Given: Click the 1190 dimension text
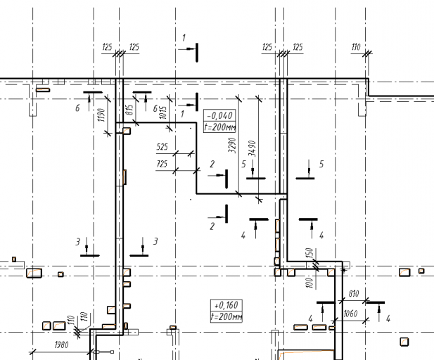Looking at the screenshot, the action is pyautogui.click(x=102, y=115).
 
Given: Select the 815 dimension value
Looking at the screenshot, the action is pyautogui.click(x=129, y=110).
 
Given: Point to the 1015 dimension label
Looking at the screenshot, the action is pyautogui.click(x=163, y=112).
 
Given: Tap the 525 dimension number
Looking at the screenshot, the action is pyautogui.click(x=162, y=147).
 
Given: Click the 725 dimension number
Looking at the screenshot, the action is pyautogui.click(x=162, y=164).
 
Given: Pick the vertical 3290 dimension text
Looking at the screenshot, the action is pyautogui.click(x=232, y=146).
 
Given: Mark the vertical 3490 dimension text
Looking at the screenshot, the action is pyautogui.click(x=252, y=148).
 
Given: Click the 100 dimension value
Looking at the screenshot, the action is pyautogui.click(x=309, y=283).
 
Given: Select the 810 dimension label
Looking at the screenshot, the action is pyautogui.click(x=354, y=294).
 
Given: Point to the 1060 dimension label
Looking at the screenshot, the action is pyautogui.click(x=350, y=314).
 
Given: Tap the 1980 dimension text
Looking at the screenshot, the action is pyautogui.click(x=61, y=345).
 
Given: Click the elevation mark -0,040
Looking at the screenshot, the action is pyautogui.click(x=219, y=115).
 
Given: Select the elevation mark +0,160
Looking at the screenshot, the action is pyautogui.click(x=226, y=305).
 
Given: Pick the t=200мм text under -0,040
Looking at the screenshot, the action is pyautogui.click(x=220, y=127).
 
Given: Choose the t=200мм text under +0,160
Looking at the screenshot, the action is pyautogui.click(x=226, y=316).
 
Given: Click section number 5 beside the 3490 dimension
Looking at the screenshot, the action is pyautogui.click(x=243, y=164).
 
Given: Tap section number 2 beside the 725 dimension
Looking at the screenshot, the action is pyautogui.click(x=212, y=164).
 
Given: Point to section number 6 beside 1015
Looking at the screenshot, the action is pyautogui.click(x=155, y=108).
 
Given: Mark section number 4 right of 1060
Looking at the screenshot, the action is pyautogui.click(x=388, y=319).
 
